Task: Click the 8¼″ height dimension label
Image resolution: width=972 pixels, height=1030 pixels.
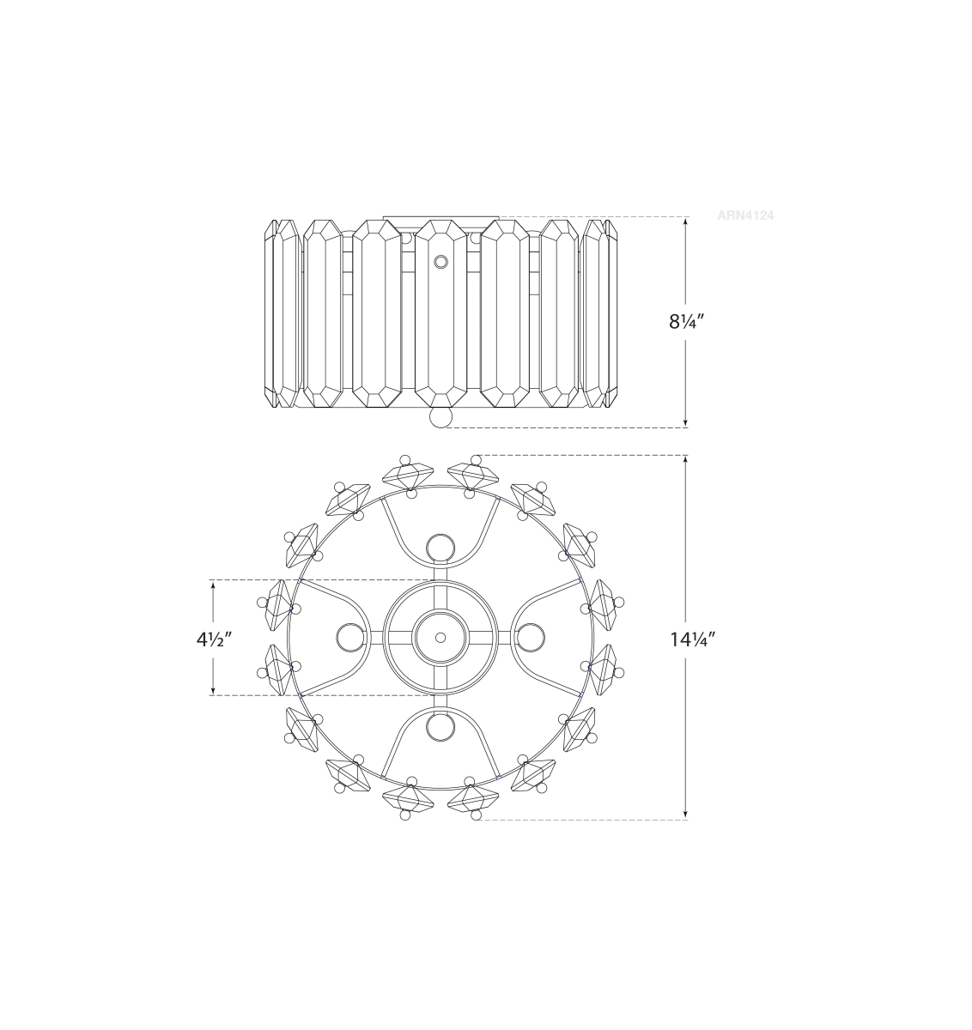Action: pyautogui.click(x=686, y=322)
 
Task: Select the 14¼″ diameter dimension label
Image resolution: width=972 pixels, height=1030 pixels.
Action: pyautogui.click(x=692, y=640)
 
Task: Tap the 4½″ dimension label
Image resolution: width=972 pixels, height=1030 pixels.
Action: pyautogui.click(x=214, y=640)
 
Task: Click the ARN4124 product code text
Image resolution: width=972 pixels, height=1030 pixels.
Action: pyautogui.click(x=745, y=215)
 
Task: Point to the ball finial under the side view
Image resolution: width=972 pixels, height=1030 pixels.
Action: pyautogui.click(x=440, y=417)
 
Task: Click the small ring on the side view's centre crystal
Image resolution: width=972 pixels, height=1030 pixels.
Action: pyautogui.click(x=440, y=262)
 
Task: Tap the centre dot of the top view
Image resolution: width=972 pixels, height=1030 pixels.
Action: pyautogui.click(x=440, y=638)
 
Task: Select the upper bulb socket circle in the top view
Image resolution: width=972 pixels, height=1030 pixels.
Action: pyautogui.click(x=440, y=548)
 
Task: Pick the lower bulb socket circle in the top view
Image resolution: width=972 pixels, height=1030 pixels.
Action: pyautogui.click(x=440, y=726)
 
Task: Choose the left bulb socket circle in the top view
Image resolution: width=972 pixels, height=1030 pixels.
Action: pyautogui.click(x=351, y=638)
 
